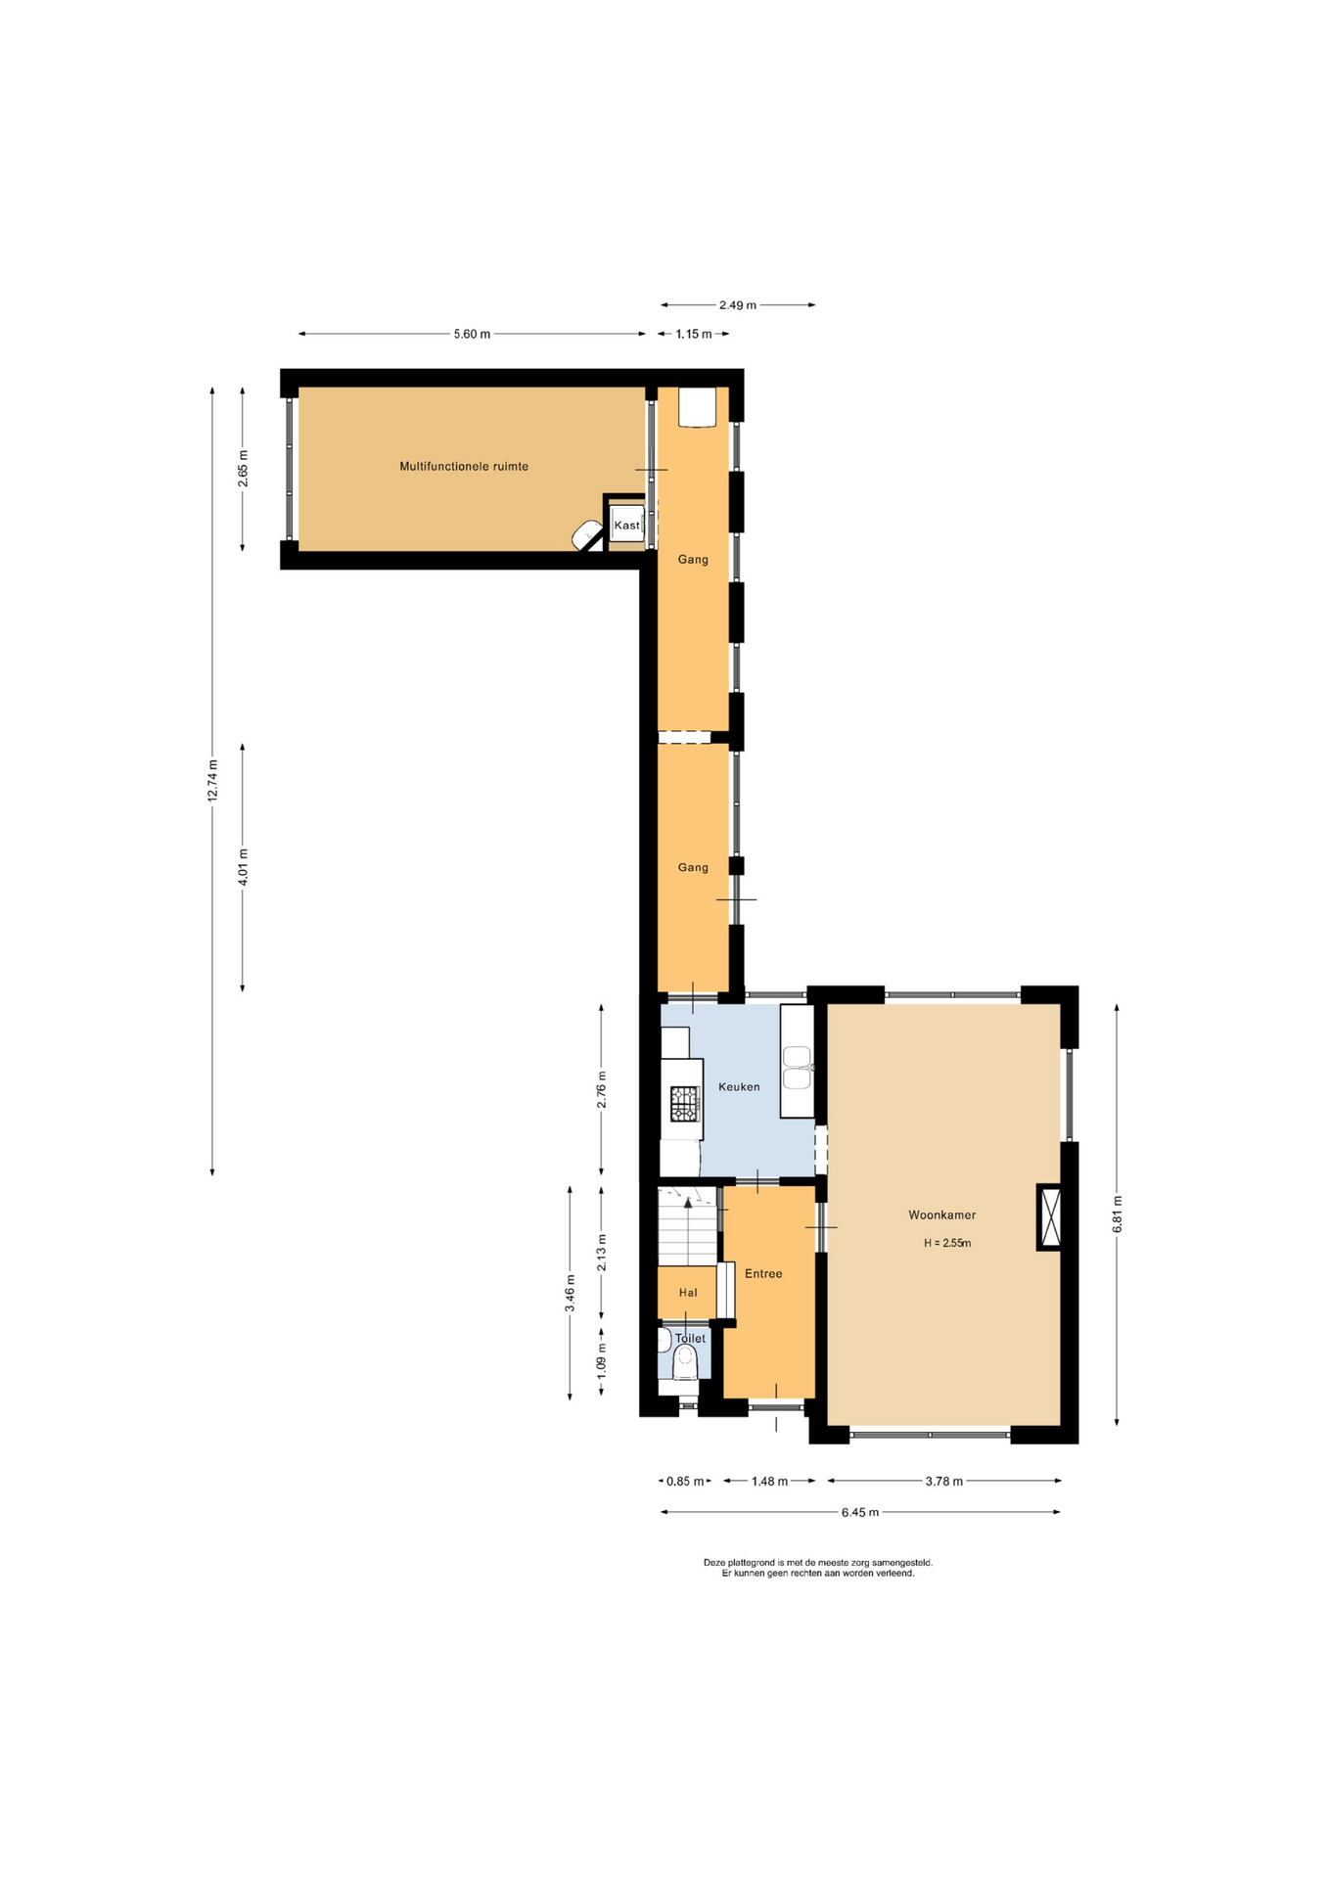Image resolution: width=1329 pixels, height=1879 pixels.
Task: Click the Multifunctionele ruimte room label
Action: point(464,467)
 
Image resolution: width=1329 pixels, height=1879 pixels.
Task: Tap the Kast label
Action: point(626,526)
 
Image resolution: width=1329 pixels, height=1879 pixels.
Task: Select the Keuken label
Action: point(739,1086)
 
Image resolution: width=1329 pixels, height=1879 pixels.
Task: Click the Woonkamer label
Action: point(941,1215)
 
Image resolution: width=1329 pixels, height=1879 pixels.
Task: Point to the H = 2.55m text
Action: point(947,1244)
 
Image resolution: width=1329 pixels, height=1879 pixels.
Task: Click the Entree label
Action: point(763,1273)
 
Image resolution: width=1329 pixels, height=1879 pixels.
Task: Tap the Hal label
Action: point(688,1293)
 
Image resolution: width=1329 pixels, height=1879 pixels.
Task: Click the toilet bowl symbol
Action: point(685,1361)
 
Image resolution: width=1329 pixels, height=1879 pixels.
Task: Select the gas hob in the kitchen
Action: point(684,1103)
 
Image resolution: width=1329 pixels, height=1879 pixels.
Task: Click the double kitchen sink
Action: point(797,1067)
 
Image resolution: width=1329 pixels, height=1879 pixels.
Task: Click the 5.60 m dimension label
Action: point(472,334)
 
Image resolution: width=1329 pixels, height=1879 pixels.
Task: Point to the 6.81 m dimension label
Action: point(1118,1214)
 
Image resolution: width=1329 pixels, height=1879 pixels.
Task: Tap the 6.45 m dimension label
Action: point(860,1512)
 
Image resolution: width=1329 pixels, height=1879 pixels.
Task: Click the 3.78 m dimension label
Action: point(944,1481)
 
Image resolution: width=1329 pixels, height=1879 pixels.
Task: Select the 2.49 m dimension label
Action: point(738,305)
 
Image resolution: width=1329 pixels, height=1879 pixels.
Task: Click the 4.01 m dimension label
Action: point(244,867)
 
